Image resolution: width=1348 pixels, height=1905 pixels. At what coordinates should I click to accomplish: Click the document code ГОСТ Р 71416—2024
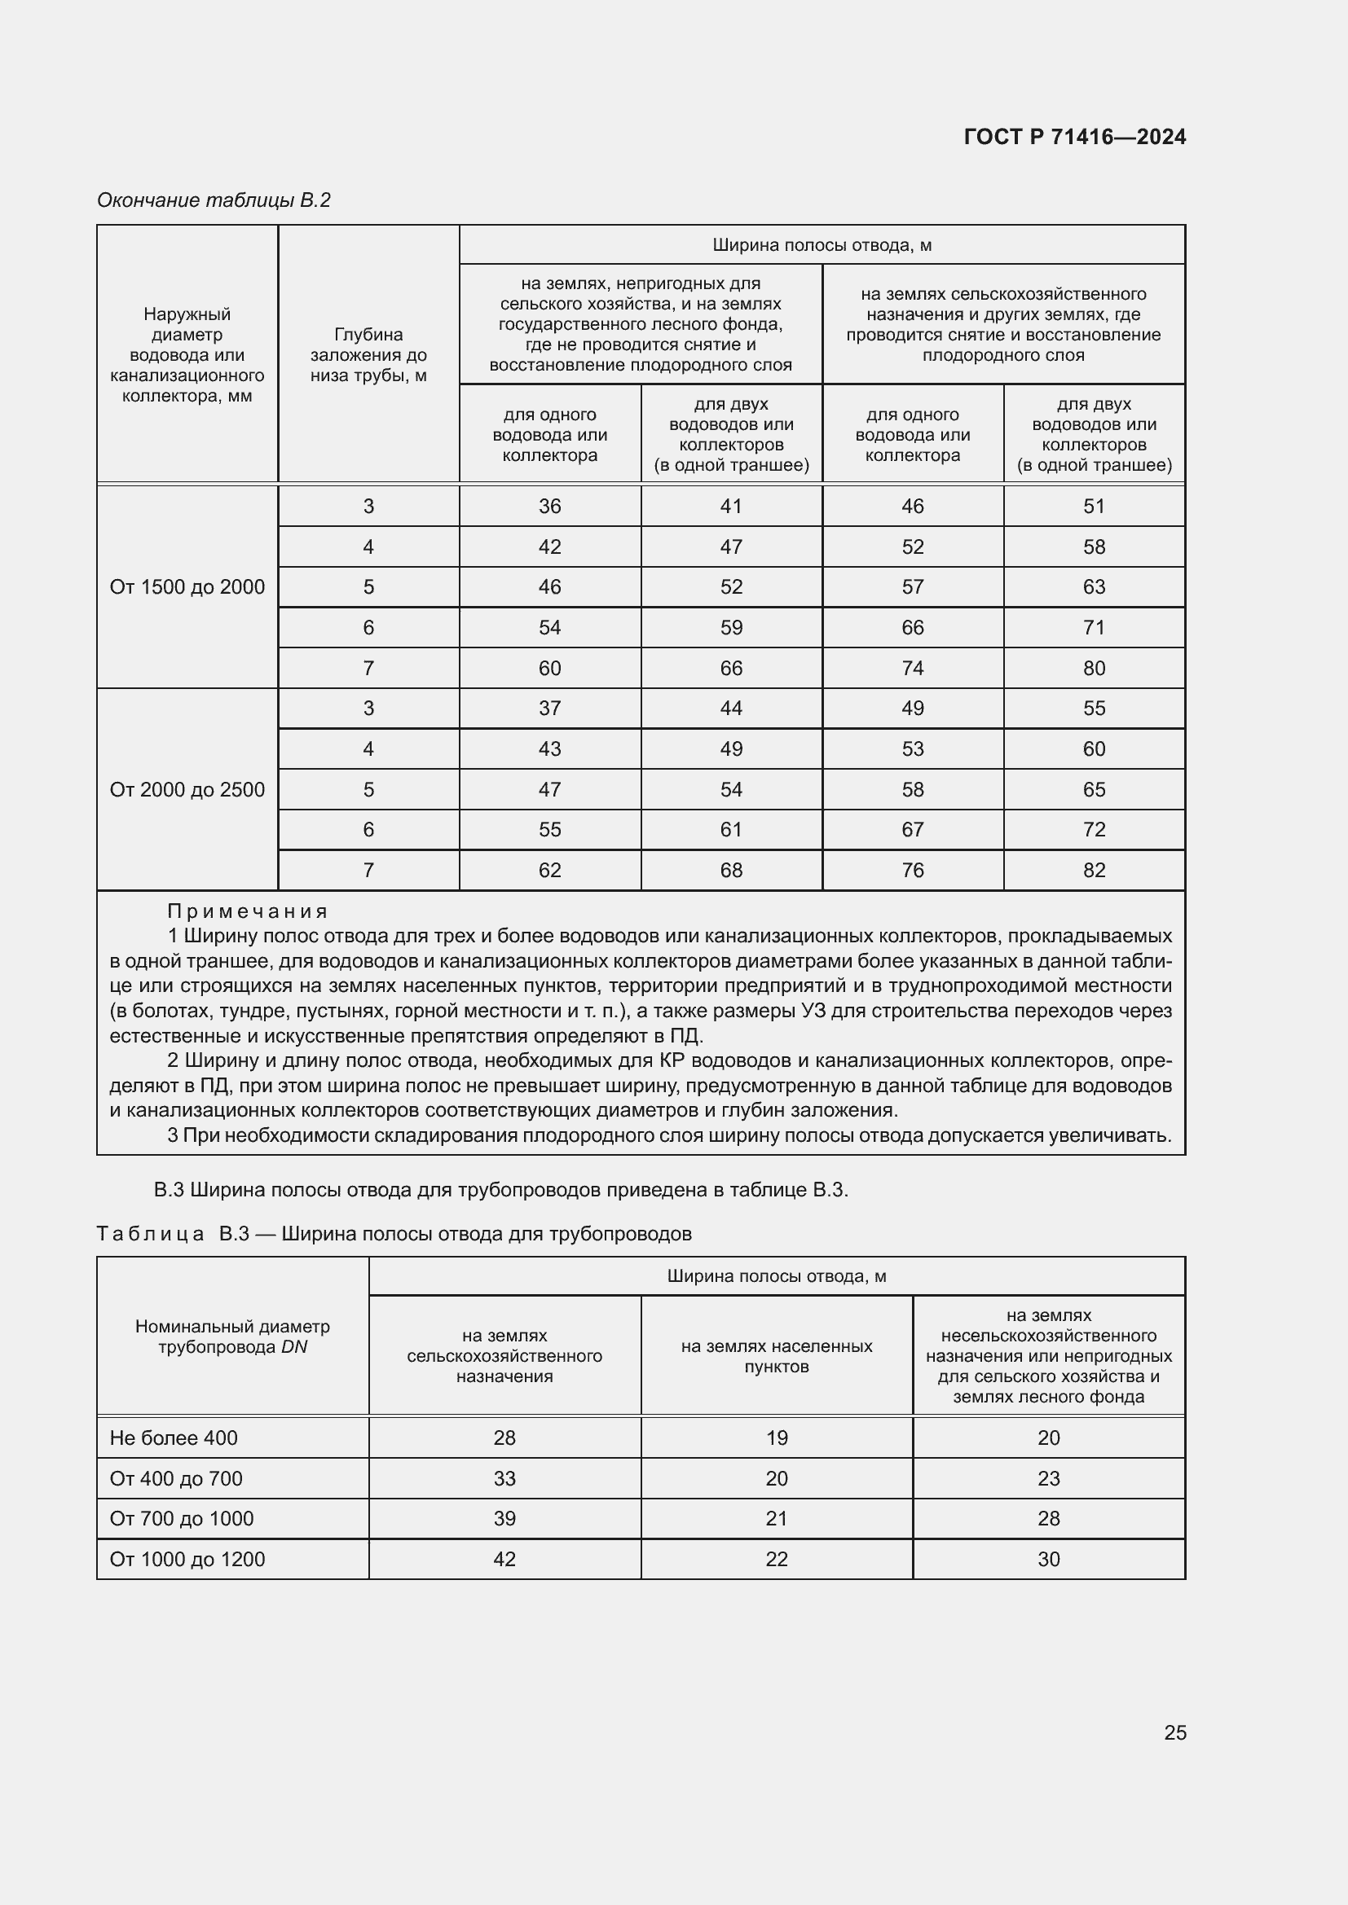(1074, 137)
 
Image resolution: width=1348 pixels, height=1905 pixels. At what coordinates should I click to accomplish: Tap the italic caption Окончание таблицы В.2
(214, 200)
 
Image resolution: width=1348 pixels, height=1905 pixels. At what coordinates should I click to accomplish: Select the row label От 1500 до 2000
(187, 587)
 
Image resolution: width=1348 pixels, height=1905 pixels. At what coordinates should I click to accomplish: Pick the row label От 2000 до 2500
(187, 790)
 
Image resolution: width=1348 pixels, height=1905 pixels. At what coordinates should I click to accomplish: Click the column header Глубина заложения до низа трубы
(368, 355)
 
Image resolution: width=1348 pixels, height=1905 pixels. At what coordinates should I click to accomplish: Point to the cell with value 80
(1093, 668)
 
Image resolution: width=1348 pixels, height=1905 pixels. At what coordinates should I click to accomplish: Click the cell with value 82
(1093, 871)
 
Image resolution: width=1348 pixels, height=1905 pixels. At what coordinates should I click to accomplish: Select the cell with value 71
(1093, 628)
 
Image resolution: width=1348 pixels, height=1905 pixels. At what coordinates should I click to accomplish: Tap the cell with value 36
(549, 506)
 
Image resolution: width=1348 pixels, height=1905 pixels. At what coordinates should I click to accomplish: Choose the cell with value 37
(549, 709)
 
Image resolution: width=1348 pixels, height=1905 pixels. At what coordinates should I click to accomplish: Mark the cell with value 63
(1093, 587)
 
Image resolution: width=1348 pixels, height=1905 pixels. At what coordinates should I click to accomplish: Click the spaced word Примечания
(248, 912)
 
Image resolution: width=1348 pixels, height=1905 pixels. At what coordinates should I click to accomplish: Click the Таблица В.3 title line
(394, 1234)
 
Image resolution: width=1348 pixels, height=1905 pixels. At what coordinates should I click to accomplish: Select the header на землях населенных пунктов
(776, 1356)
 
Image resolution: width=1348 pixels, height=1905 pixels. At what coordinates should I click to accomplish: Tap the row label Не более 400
(174, 1438)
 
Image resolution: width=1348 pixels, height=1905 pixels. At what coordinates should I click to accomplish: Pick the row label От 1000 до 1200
(187, 1559)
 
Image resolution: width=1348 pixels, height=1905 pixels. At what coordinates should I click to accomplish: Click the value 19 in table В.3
(776, 1438)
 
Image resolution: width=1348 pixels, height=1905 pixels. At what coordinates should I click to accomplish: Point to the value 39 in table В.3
(504, 1518)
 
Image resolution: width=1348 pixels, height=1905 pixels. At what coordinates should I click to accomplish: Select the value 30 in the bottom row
(1048, 1559)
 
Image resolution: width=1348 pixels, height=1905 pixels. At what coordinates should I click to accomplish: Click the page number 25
(1174, 1732)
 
